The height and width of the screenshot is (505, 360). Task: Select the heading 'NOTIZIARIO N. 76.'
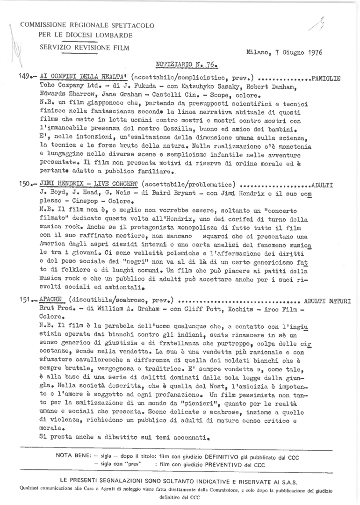click(x=187, y=65)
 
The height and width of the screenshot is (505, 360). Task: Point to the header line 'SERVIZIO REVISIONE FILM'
click(x=84, y=47)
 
